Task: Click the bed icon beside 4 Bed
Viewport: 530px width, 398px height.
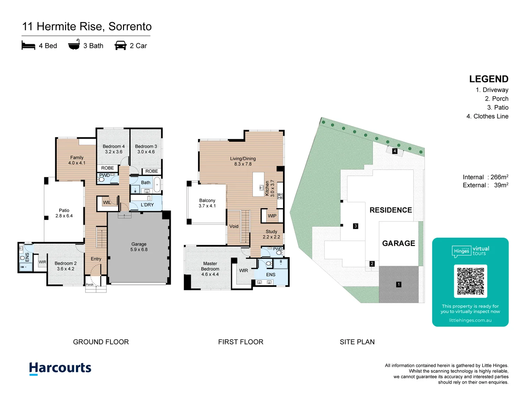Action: click(28, 45)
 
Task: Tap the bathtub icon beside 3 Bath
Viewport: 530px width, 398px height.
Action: click(74, 45)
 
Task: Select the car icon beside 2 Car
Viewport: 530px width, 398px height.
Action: click(120, 45)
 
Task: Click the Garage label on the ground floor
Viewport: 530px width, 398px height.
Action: click(139, 244)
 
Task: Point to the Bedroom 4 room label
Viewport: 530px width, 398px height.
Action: click(113, 146)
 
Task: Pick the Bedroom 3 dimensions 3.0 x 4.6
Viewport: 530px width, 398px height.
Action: click(146, 152)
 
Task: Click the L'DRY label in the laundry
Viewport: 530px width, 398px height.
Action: click(147, 205)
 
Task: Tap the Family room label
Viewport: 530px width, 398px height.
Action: click(77, 158)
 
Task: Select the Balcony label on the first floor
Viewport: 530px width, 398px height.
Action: click(207, 200)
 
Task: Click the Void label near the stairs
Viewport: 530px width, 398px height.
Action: click(234, 226)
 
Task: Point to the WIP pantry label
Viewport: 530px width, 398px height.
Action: click(272, 216)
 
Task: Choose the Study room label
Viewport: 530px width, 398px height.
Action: click(271, 231)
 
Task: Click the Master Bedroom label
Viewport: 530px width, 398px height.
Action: click(210, 266)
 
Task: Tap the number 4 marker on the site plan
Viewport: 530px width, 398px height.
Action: click(395, 151)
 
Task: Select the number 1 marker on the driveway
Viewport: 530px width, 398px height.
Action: click(399, 284)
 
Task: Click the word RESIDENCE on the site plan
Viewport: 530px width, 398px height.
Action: click(391, 210)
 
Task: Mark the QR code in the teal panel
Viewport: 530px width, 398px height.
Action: click(470, 281)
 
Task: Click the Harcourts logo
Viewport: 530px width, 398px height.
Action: click(60, 368)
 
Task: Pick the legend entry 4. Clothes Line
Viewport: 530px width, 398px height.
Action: click(487, 116)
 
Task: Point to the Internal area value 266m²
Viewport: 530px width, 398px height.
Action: click(499, 177)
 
